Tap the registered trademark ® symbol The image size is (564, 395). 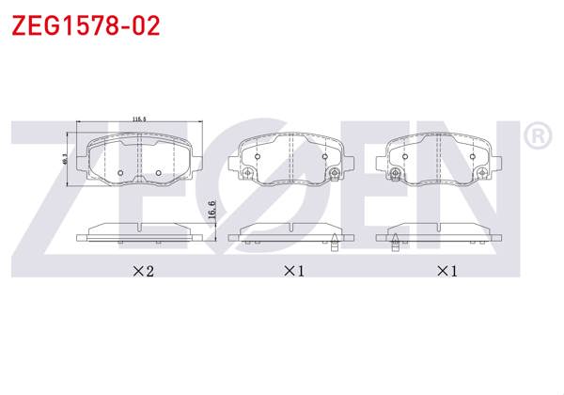537,137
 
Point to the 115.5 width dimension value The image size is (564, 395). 139,118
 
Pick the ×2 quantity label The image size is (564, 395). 142,272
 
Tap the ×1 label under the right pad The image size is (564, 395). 446,272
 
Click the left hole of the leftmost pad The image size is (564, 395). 121,172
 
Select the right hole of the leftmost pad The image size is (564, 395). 158,172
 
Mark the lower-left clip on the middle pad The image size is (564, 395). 245,174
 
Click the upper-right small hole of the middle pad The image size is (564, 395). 325,153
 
